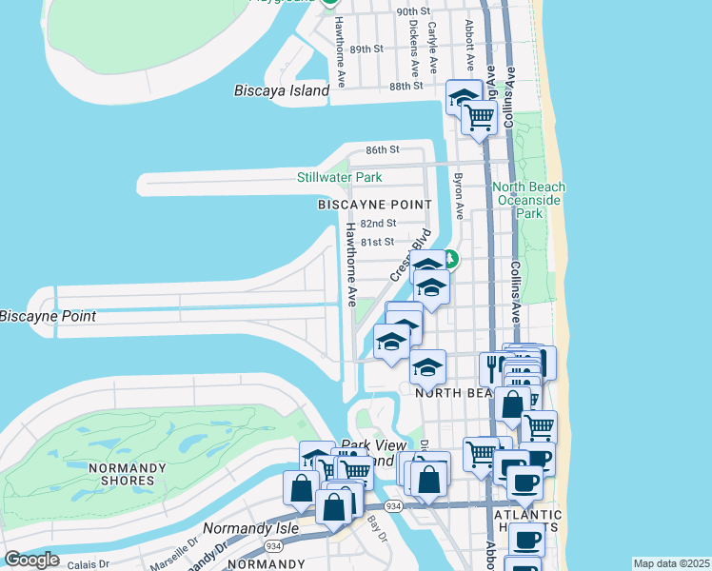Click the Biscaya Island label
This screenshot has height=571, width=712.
pyautogui.click(x=282, y=91)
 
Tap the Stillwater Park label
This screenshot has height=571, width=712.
pyautogui.click(x=339, y=177)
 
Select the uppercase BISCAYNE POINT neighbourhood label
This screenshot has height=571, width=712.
pyautogui.click(x=374, y=205)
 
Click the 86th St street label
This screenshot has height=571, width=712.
pyautogui.click(x=383, y=150)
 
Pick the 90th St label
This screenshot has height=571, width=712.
pyautogui.click(x=414, y=11)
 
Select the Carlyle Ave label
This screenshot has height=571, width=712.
pyautogui.click(x=432, y=48)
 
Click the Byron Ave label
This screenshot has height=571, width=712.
pyautogui.click(x=459, y=196)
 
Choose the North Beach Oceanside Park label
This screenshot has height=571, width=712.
pyautogui.click(x=528, y=200)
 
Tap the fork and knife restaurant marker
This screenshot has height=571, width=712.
pyautogui.click(x=495, y=366)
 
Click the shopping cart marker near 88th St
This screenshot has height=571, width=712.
pyautogui.click(x=479, y=119)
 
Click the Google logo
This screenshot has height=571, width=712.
pyautogui.click(x=31, y=560)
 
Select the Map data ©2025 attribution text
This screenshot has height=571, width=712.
pyautogui.click(x=671, y=563)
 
